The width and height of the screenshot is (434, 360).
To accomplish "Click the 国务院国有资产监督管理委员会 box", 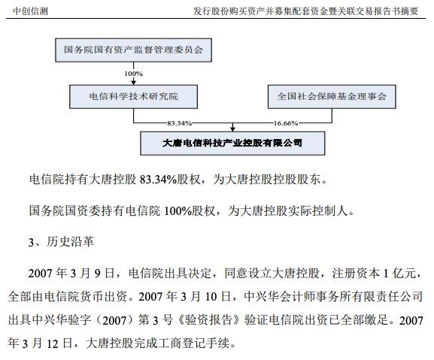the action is [133, 50].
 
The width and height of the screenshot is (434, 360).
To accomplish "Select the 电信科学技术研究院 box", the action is [133, 96].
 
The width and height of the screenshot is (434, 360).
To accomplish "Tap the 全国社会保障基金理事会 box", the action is [332, 96].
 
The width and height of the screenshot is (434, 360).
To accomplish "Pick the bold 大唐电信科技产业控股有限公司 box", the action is [232, 144].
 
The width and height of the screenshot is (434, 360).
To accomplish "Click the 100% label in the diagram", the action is [133, 74].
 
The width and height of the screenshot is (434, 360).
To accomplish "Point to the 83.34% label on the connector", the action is [179, 123].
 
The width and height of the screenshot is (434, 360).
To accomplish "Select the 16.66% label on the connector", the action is [286, 123].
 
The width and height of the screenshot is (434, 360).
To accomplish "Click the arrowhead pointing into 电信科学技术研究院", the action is [133, 82].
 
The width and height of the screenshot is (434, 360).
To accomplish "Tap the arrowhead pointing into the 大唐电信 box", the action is [232, 129].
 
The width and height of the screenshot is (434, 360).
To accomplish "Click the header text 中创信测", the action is [30, 11].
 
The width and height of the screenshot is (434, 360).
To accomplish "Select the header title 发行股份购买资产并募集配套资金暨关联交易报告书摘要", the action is [305, 11].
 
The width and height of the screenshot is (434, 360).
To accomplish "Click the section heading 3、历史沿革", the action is [61, 242].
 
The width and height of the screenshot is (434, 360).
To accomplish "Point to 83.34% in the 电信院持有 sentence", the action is [158, 180].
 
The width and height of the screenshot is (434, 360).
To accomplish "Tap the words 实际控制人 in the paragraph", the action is [317, 211].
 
